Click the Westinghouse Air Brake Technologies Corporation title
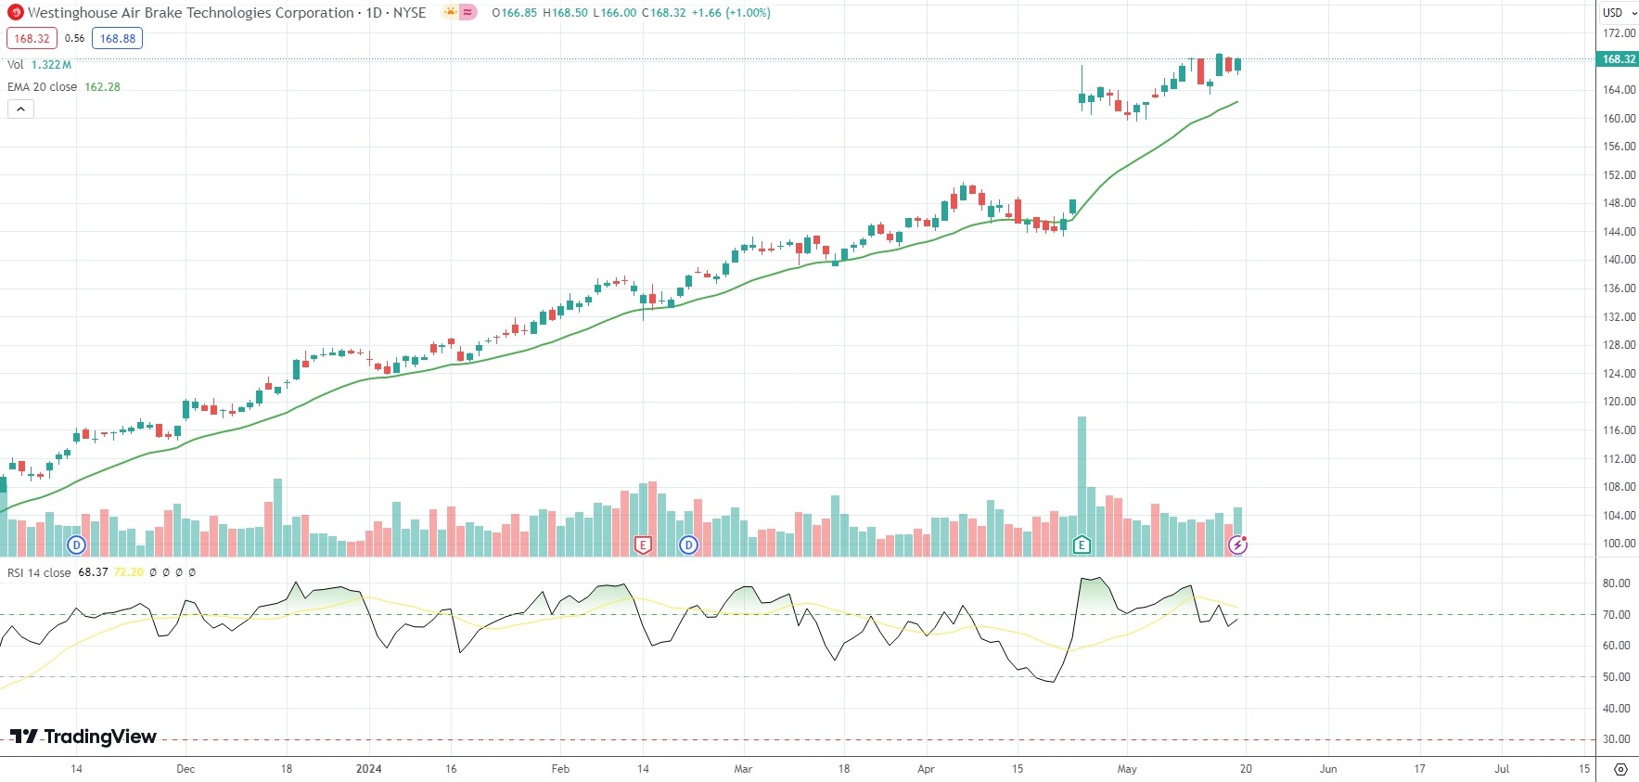pos(190,13)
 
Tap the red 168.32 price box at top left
pos(32,39)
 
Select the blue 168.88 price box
pos(117,39)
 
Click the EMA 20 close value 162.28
pos(102,87)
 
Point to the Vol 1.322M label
pos(39,65)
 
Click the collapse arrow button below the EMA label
pos(20,109)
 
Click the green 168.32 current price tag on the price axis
pos(1619,59)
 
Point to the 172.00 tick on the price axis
pos(1619,33)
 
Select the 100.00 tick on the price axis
pos(1619,544)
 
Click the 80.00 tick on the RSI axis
pos(1616,583)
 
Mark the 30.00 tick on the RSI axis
pos(1616,739)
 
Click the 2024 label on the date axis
pos(369,769)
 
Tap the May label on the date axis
pos(1127,769)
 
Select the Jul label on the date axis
pos(1502,769)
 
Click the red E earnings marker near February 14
pos(643,545)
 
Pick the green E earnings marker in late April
pos(1082,545)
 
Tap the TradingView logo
pos(83,737)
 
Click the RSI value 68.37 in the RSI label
pos(93,572)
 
